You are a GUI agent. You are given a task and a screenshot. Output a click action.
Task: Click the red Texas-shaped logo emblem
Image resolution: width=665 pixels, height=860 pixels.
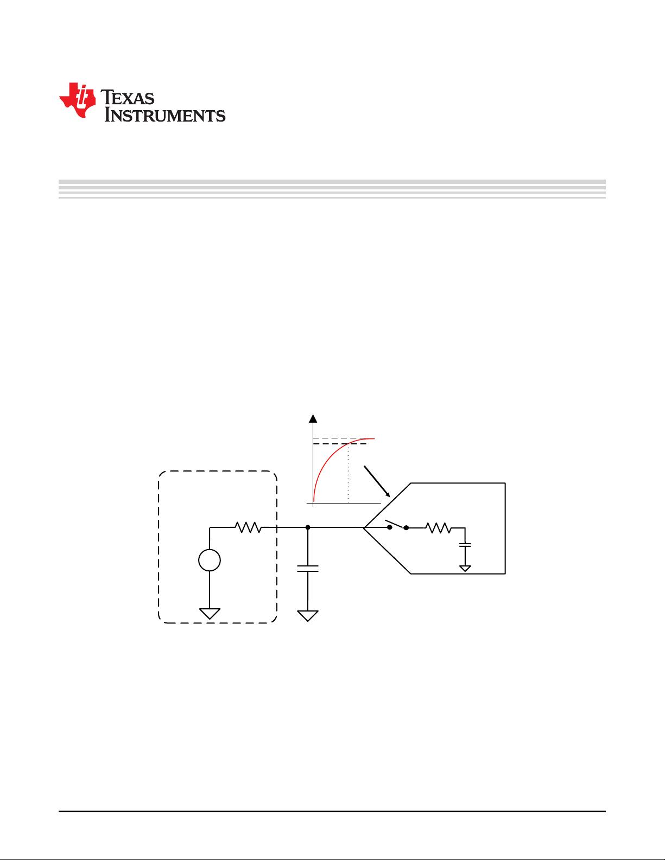78,100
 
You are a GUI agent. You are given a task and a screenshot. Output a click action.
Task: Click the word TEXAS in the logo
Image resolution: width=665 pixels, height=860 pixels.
127,97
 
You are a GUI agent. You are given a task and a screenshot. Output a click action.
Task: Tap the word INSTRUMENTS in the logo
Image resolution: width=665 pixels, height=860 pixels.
164,115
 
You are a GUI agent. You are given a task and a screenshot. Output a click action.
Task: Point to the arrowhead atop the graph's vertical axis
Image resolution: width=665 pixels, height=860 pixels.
313,418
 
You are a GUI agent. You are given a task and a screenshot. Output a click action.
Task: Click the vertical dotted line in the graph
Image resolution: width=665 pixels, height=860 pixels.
348,473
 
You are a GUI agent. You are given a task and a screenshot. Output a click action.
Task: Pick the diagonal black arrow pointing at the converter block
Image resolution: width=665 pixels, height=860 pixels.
377,481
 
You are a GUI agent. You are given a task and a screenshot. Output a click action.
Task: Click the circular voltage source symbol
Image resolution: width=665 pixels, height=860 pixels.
210,560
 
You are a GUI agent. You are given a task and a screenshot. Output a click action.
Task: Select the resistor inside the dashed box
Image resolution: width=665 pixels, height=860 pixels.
248,527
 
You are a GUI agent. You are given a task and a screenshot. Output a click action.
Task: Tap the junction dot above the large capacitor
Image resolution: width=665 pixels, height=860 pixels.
308,527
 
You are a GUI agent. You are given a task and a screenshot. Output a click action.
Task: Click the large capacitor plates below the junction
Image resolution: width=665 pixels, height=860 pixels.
308,569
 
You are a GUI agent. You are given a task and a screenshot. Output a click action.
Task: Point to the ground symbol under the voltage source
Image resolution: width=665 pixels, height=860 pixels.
210,614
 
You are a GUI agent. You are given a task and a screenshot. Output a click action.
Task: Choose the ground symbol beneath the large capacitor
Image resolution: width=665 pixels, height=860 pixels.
308,616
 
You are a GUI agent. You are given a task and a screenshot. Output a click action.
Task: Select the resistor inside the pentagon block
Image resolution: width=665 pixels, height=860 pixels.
438,527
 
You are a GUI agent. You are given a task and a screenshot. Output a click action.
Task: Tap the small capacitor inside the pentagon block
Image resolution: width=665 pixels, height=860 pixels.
465,545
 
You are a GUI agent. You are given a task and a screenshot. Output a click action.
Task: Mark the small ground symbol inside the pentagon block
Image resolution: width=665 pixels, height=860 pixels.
465,569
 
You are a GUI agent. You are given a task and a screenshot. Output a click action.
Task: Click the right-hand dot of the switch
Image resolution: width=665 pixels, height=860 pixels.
406,527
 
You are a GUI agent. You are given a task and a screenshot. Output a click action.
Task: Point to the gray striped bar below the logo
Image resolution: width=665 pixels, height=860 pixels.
332,189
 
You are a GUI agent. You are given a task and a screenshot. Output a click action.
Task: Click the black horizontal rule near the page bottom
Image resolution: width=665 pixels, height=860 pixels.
332,811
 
